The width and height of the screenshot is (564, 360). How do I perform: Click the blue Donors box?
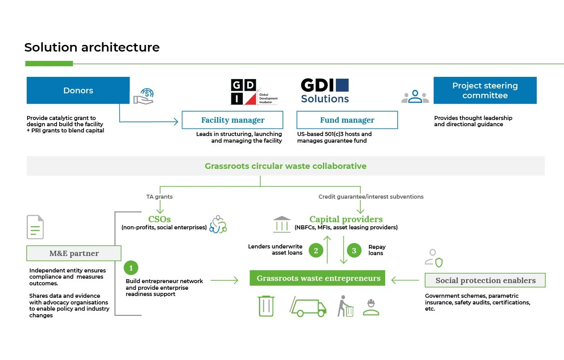(x=78, y=91)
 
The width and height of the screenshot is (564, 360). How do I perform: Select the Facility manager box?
(x=233, y=120)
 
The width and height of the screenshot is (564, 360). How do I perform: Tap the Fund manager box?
(x=347, y=120)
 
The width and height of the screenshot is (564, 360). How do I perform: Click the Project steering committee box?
(x=485, y=91)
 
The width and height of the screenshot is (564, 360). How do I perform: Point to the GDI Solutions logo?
(x=325, y=91)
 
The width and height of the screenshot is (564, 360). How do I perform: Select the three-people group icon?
(x=415, y=96)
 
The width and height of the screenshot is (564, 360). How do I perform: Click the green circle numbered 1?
(x=131, y=268)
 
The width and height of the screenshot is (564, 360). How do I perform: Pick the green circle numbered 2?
(x=316, y=251)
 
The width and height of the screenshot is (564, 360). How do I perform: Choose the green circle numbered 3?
(x=354, y=251)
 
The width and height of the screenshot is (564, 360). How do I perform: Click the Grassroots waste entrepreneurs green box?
(x=318, y=279)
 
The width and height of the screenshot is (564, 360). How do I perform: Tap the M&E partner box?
(x=74, y=253)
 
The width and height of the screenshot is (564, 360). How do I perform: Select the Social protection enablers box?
(x=485, y=280)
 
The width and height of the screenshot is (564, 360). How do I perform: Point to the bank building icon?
(x=282, y=224)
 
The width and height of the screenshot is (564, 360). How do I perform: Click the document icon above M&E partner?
(x=35, y=227)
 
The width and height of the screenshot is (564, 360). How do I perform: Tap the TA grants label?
(x=159, y=196)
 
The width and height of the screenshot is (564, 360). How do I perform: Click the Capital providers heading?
(x=346, y=219)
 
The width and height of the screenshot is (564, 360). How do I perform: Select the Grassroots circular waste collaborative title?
(x=286, y=166)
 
